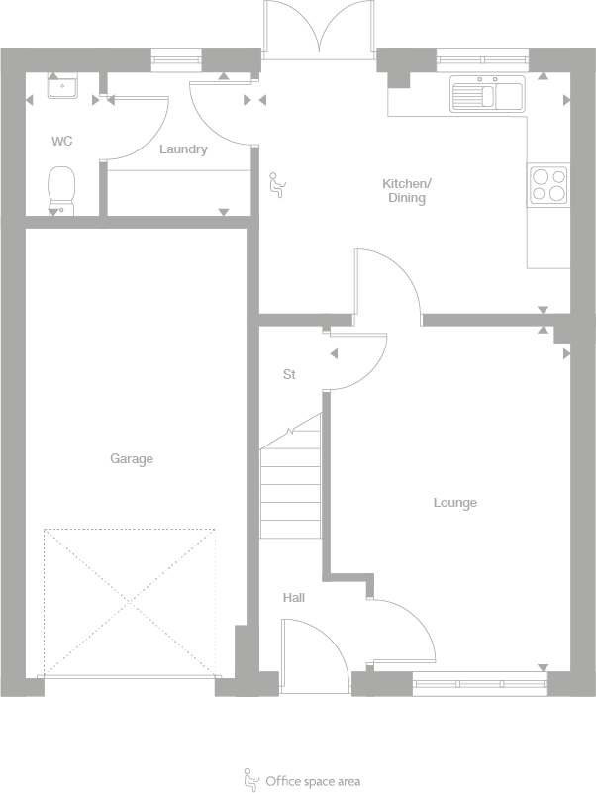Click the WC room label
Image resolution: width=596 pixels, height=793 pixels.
[x=62, y=142]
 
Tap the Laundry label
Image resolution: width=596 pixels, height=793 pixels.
[x=183, y=149]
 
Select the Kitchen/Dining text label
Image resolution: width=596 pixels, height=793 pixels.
[x=406, y=191]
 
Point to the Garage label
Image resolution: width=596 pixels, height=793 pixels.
[x=132, y=458]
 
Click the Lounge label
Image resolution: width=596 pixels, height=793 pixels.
[x=454, y=503]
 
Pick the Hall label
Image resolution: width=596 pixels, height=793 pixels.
[x=294, y=598]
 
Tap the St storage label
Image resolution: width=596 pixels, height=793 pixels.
[x=289, y=374]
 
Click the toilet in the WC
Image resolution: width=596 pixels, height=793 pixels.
[x=61, y=189]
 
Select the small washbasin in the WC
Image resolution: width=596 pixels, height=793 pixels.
[x=64, y=88]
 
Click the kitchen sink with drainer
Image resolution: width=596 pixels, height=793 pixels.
[x=486, y=94]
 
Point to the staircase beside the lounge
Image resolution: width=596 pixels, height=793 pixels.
[x=291, y=480]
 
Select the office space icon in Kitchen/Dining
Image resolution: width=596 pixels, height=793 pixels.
[x=277, y=185]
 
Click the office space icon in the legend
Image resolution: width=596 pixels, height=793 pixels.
[x=251, y=778]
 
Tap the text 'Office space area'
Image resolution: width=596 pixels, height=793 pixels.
[x=313, y=781]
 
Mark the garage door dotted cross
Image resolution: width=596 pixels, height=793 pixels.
[x=129, y=602]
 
